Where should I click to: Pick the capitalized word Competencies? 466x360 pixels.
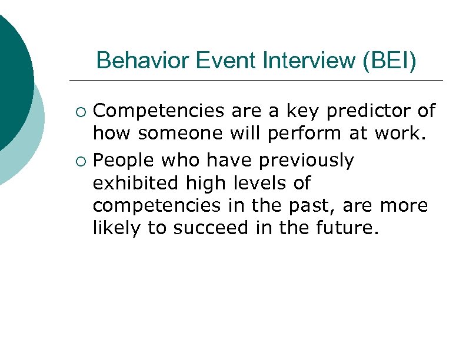pos(159,111)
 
